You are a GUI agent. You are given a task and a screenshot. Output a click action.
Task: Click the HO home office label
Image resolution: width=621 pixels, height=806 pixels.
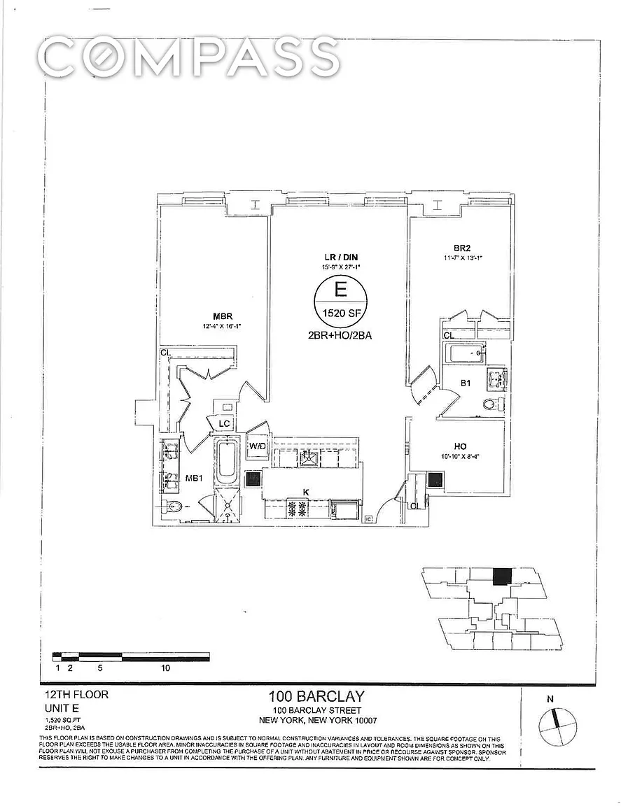tap(460, 446)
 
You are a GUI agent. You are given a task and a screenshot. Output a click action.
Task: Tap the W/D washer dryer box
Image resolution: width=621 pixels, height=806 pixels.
tap(256, 446)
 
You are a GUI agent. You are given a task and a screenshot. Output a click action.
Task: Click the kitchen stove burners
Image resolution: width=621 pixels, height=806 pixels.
tap(295, 509)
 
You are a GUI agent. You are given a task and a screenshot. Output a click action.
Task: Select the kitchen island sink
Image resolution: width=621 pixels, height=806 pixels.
tap(309, 458)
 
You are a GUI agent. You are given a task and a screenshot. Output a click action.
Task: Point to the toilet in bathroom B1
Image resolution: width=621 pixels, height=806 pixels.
tap(491, 404)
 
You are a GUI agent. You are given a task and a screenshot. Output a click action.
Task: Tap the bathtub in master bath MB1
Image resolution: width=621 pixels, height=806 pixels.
tap(225, 462)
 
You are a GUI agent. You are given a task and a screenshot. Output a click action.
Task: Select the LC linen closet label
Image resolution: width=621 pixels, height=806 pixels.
tap(225, 424)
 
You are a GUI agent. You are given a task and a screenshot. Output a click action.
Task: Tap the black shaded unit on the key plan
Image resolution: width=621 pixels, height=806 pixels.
tap(501, 577)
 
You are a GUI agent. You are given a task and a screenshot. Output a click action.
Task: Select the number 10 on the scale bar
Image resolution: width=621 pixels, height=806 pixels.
tap(166, 668)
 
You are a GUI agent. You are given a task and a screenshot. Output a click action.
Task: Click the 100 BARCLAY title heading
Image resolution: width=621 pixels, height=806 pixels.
tap(316, 696)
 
